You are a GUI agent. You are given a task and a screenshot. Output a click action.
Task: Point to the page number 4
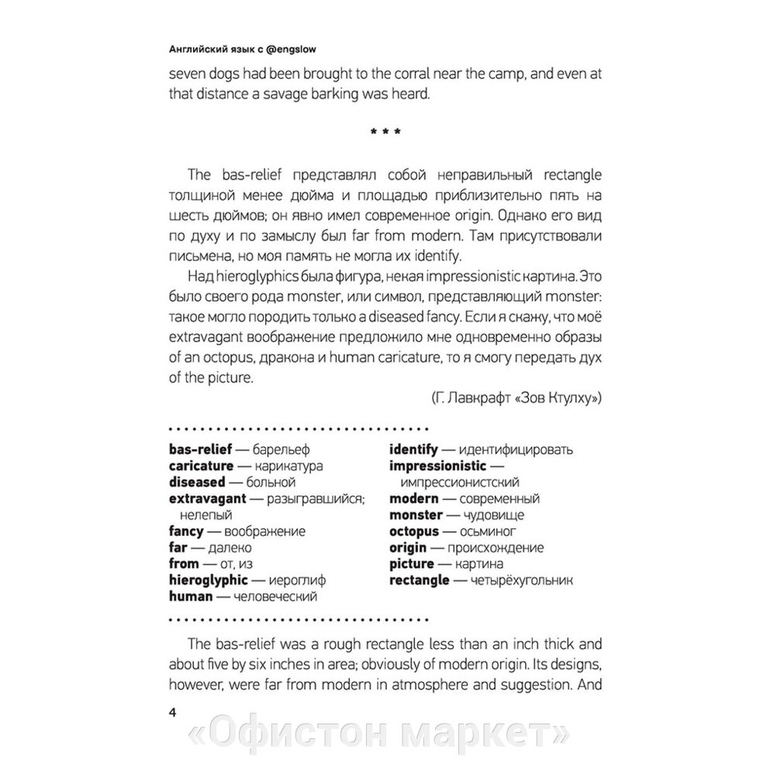pyautogui.click(x=172, y=713)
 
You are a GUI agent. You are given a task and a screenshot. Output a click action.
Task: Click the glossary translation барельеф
pyautogui.click(x=277, y=449)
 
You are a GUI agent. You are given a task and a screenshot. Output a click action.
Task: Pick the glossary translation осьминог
pyautogui.click(x=491, y=531)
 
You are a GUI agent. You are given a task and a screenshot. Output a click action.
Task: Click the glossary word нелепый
pyautogui.click(x=206, y=514)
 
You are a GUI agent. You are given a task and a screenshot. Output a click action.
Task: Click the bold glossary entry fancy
pyautogui.click(x=185, y=531)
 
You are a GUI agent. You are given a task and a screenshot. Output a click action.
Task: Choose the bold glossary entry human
pyautogui.click(x=190, y=596)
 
